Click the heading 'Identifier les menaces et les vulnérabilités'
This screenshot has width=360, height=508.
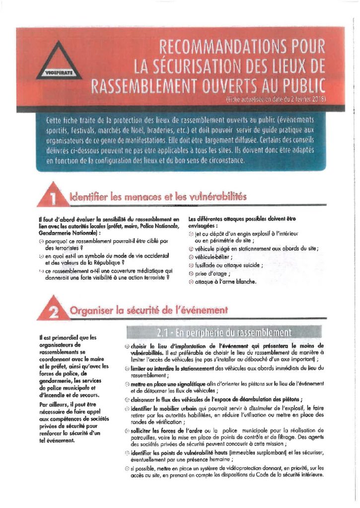coord(158,197)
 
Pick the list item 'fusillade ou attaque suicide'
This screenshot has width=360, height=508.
coord(229,265)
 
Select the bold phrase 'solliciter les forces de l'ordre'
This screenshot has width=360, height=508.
coord(162,430)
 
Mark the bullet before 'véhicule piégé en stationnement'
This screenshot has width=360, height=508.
coord(192,249)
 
